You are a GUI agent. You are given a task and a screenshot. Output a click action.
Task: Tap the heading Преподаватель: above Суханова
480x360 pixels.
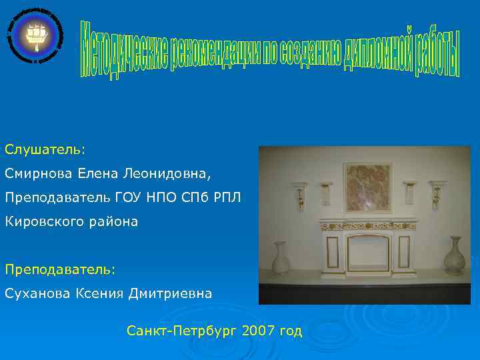tap(60, 269)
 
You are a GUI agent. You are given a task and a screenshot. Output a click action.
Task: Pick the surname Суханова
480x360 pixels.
tap(37, 293)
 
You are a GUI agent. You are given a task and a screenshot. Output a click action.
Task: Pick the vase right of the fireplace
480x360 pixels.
tap(455, 256)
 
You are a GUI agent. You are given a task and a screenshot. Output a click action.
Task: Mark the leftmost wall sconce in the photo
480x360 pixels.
tap(299, 193)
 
